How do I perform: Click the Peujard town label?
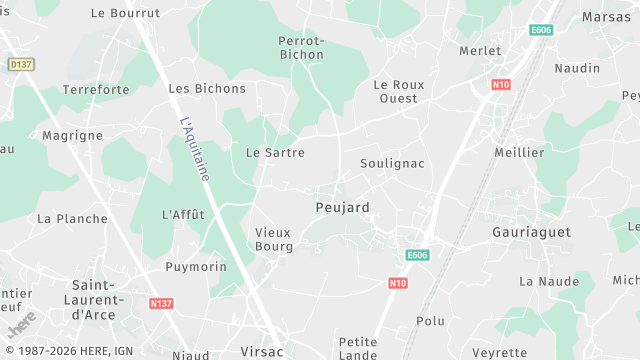[x=342, y=207]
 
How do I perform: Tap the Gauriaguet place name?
[x=531, y=231]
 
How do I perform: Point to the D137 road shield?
[x=20, y=64]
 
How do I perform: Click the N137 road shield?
[x=160, y=303]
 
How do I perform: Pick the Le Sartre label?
[x=275, y=153]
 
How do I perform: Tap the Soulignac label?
[x=392, y=163]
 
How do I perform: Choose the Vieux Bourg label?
[x=274, y=239]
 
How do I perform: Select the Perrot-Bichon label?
[x=301, y=48]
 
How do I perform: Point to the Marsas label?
[x=606, y=17]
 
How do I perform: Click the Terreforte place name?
[x=96, y=89]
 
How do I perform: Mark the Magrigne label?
[x=72, y=135]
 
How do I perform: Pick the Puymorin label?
[x=196, y=266]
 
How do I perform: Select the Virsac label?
[x=263, y=351]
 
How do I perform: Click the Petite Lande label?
[x=358, y=348]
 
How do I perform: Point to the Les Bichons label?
[x=207, y=88]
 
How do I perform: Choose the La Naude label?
[x=549, y=282]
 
